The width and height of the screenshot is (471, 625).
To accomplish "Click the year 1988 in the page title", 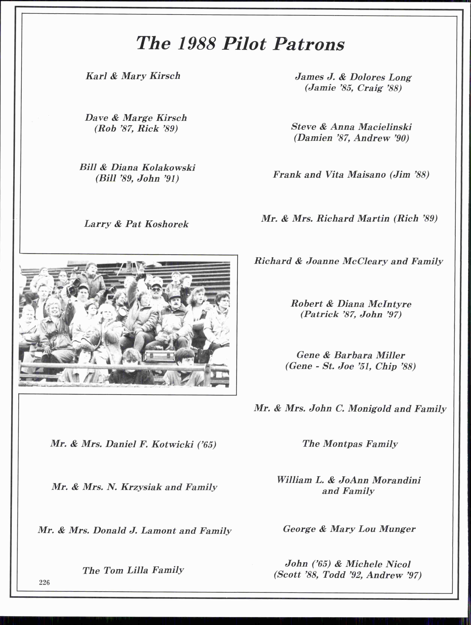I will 197,44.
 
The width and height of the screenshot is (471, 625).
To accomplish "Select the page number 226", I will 44,582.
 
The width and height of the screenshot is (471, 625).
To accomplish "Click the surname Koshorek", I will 166,224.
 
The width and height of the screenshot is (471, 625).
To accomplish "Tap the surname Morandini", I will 396,480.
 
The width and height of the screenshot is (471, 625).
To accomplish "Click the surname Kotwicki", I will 172,444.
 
